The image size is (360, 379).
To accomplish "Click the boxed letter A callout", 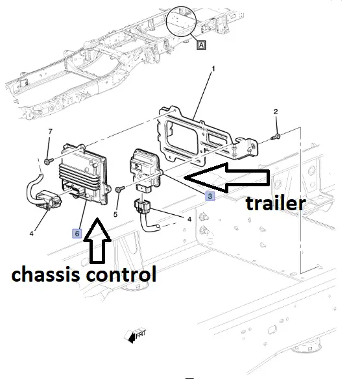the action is point(201,45).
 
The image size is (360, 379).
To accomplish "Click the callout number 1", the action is point(213,69).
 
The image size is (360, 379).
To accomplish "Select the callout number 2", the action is point(276,112).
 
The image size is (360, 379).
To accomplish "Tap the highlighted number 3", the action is point(210,196).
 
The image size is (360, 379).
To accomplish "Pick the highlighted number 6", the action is point(77,234).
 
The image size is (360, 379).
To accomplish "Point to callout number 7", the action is point(50,132).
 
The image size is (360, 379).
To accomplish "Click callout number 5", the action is point(115,214).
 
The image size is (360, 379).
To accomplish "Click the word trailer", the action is point(276,204).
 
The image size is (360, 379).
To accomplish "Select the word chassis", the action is point(45,274).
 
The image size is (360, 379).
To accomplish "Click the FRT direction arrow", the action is point(136,336).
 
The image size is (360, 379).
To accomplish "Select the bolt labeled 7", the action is point(49,161).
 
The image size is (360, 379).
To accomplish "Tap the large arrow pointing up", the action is point(97,241).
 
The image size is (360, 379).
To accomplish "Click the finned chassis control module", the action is point(84,174).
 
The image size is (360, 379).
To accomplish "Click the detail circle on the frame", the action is point(181,21).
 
